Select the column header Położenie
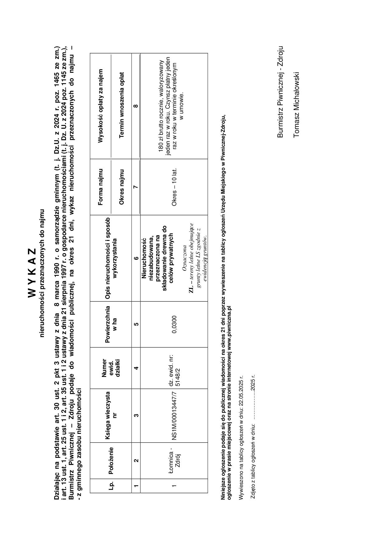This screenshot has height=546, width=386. tap(111, 460)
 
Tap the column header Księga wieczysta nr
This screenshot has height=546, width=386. tap(111, 415)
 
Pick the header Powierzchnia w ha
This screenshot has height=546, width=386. tap(111, 324)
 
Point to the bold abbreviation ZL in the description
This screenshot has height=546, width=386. tap(191, 289)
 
